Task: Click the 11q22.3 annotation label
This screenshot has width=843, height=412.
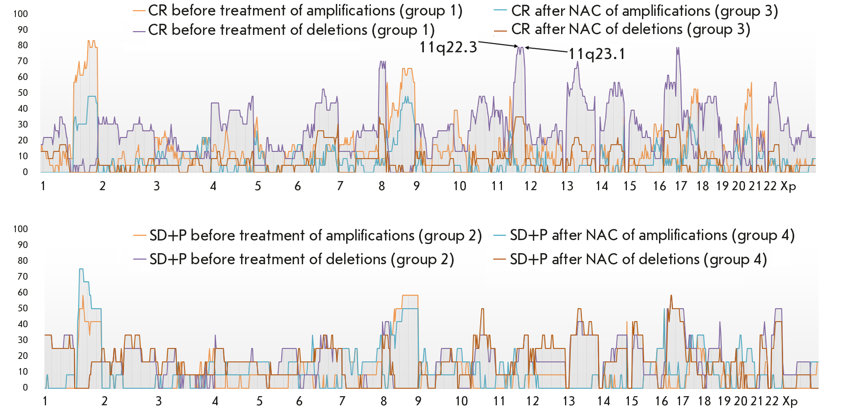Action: [x=448, y=48]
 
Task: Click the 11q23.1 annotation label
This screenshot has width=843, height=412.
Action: [x=597, y=54]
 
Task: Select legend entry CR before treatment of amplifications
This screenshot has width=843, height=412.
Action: [x=305, y=11]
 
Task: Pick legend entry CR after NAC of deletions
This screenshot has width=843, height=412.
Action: [x=630, y=30]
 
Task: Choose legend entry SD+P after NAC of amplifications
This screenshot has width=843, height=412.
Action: [x=652, y=235]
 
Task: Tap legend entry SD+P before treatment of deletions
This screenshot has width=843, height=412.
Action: [x=301, y=259]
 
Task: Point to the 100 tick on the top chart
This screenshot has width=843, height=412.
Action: [x=21, y=14]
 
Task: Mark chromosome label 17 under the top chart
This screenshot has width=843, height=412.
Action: [x=681, y=186]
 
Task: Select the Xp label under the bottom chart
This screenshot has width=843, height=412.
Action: [x=790, y=401]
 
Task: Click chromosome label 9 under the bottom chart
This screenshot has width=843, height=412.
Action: [x=418, y=401]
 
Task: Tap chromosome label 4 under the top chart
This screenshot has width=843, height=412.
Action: [x=213, y=186]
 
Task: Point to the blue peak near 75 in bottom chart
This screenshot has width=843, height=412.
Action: [x=81, y=269]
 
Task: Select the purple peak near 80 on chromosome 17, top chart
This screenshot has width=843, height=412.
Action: [x=678, y=48]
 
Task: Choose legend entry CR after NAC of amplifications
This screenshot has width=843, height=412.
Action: [x=644, y=11]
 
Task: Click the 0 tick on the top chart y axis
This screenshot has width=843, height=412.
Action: [x=25, y=172]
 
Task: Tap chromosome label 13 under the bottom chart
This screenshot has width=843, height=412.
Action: [x=569, y=401]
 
